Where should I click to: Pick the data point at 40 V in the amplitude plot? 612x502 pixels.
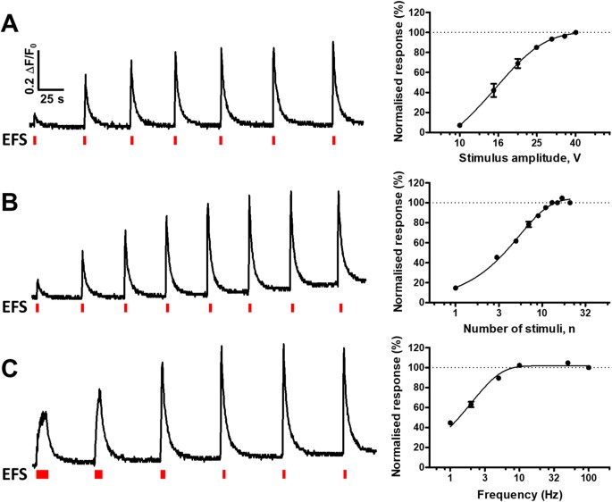click(575, 32)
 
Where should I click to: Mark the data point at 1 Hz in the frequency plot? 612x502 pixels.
click(450, 423)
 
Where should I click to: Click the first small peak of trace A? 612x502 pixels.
click(35, 114)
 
